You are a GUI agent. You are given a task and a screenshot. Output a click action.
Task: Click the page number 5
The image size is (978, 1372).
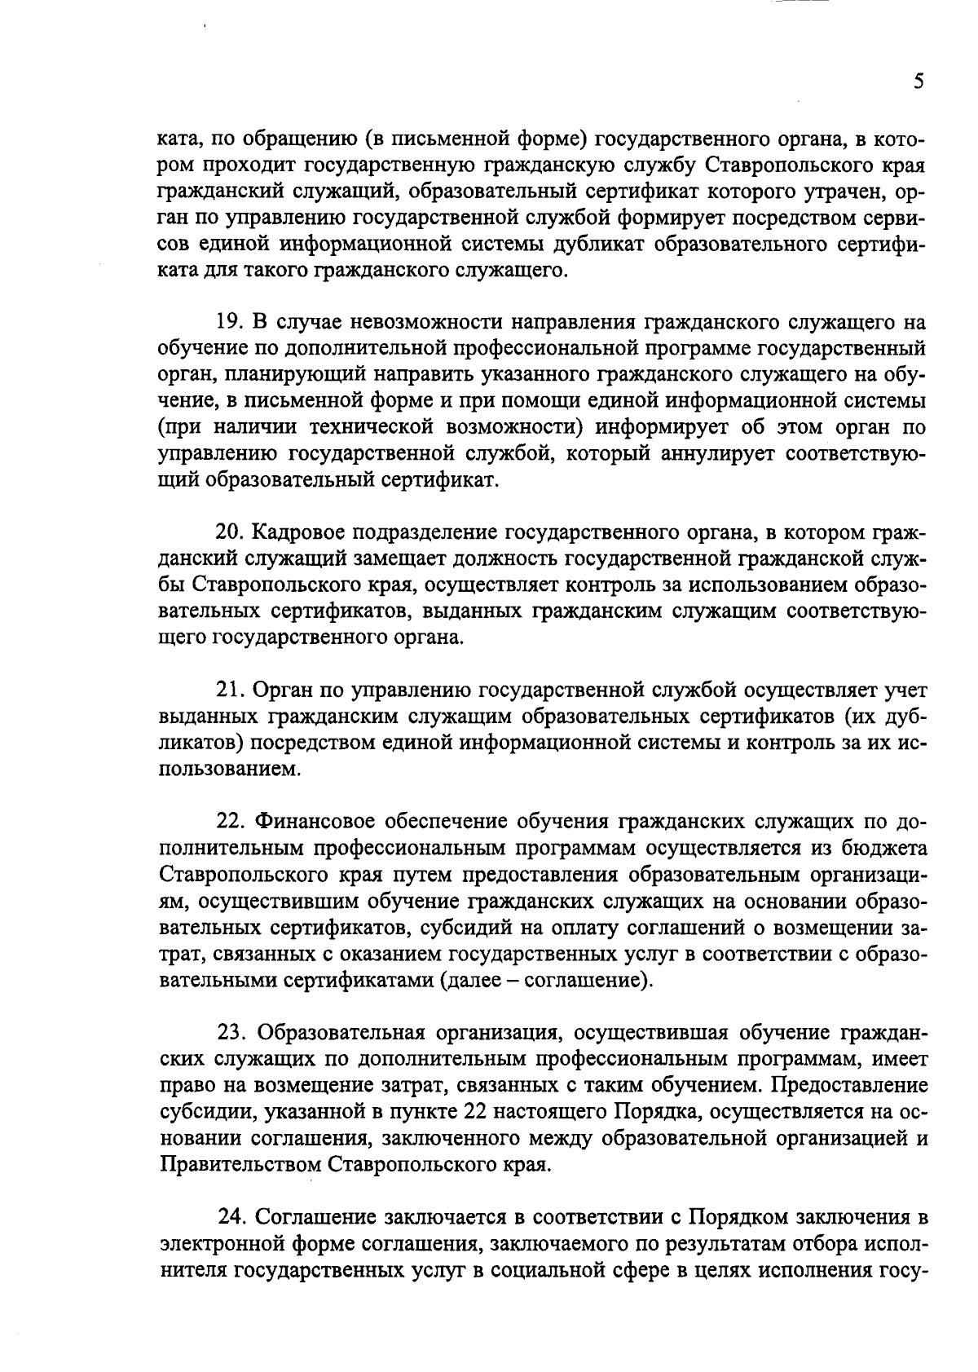(919, 82)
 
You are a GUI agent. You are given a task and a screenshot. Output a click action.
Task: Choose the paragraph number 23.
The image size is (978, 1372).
(231, 1032)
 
